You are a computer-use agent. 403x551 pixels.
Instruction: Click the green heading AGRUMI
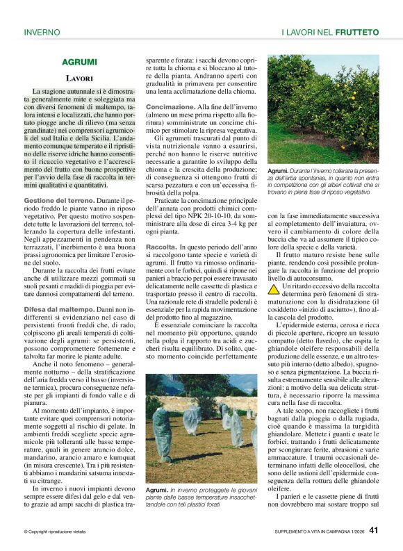[x=79, y=62]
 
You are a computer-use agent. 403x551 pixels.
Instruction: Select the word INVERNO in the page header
[x=42, y=32]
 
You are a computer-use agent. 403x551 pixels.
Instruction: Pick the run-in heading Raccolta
[x=161, y=247]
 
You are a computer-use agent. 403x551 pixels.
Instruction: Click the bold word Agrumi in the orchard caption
[x=278, y=171]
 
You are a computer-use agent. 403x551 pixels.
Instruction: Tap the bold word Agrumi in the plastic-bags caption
[x=157, y=491]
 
